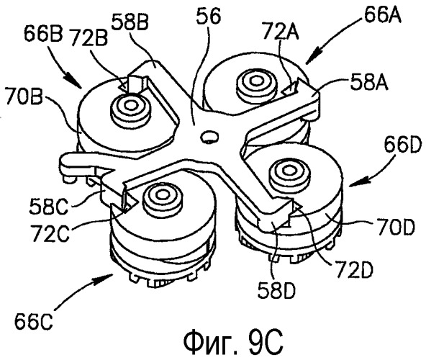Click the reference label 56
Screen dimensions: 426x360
(208, 16)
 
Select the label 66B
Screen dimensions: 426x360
(43, 34)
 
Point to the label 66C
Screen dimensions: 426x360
(34, 321)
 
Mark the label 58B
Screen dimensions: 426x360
(130, 21)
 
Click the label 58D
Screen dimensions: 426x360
(276, 289)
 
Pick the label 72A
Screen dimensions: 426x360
(281, 32)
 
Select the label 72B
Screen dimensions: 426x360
(89, 37)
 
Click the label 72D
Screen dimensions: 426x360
(354, 269)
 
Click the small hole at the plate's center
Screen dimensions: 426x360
(209, 136)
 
